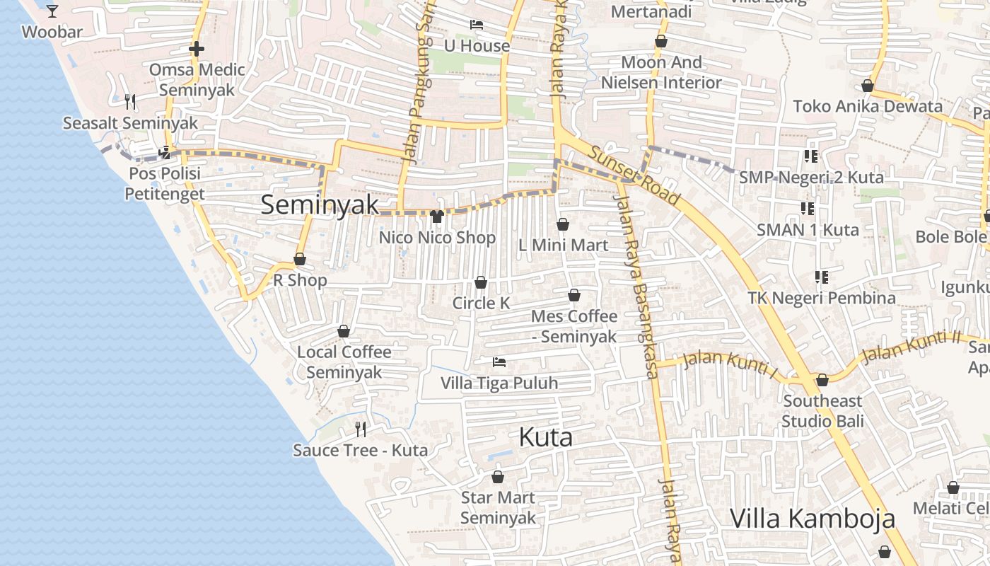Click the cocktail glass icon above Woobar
pyautogui.click(x=52, y=11)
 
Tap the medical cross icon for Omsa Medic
pyautogui.click(x=197, y=49)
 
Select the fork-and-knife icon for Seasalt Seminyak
pyautogui.click(x=130, y=102)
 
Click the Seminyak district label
pyautogui.click(x=320, y=205)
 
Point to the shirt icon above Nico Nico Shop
pyautogui.click(x=437, y=216)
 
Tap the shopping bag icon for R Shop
pyautogui.click(x=300, y=260)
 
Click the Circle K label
pyautogui.click(x=481, y=303)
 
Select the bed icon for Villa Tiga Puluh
pyautogui.click(x=499, y=362)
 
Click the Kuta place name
pyautogui.click(x=545, y=437)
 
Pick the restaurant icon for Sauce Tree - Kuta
pyautogui.click(x=361, y=429)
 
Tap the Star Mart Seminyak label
pyautogui.click(x=498, y=507)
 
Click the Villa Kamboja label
pyautogui.click(x=812, y=518)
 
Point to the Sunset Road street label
pyautogui.click(x=634, y=176)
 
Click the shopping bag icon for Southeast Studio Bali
pyautogui.click(x=822, y=381)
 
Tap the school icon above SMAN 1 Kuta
pyautogui.click(x=808, y=209)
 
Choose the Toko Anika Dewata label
pyautogui.click(x=867, y=106)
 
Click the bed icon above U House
pyautogui.click(x=477, y=25)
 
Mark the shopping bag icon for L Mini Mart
pyautogui.click(x=563, y=225)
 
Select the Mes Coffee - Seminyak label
pyautogui.click(x=573, y=325)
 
